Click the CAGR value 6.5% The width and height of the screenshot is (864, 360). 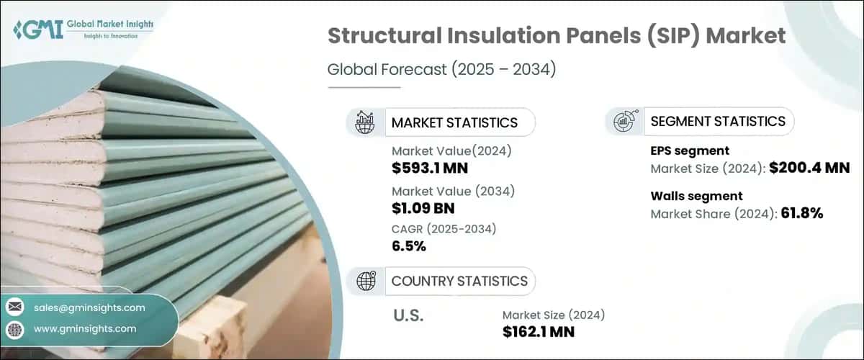(409, 246)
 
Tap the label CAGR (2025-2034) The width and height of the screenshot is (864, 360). (444, 228)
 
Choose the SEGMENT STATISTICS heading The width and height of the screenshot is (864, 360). (718, 121)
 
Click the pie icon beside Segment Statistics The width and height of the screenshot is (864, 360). (623, 121)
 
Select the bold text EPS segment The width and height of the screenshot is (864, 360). (690, 150)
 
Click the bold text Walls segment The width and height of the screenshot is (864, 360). (696, 196)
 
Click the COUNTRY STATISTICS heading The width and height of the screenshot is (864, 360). (459, 281)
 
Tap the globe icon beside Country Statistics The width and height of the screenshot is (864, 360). (366, 281)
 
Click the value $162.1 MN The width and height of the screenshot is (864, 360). (539, 332)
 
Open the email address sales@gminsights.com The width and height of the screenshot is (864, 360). (89, 307)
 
